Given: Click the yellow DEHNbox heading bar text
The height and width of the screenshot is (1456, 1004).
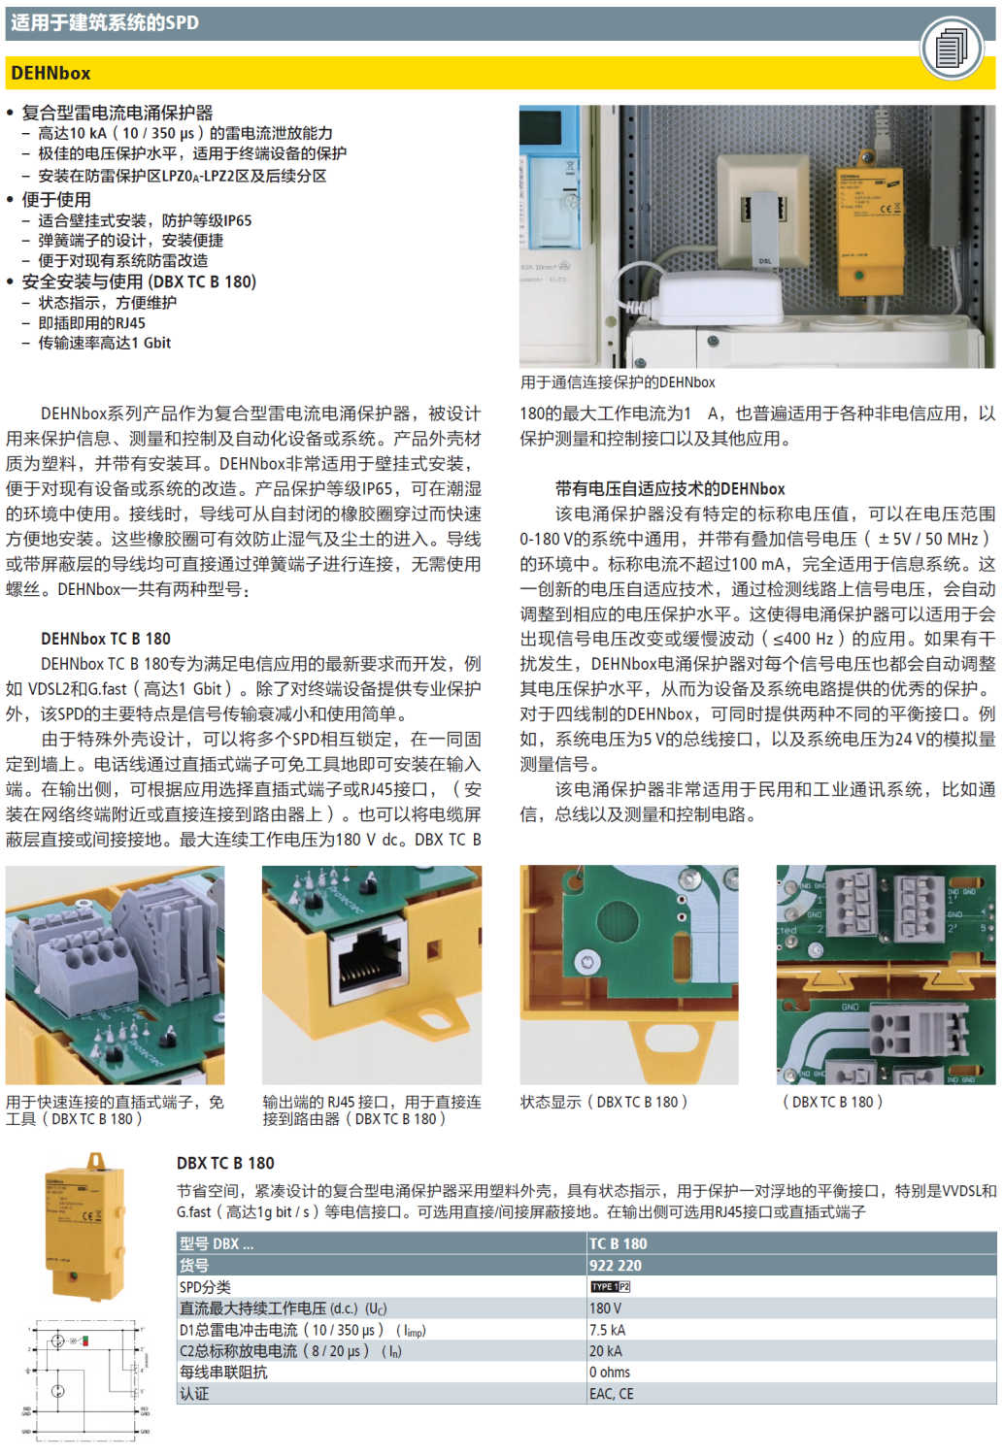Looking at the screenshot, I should pos(50,73).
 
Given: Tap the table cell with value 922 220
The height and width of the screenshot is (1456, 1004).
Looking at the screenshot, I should pos(616,1266).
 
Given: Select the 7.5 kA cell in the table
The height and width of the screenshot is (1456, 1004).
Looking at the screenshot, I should pos(608,1330).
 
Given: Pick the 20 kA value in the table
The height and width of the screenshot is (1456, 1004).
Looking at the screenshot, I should pos(605,1351).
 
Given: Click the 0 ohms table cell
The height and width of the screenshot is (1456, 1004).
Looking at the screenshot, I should pos(610,1373).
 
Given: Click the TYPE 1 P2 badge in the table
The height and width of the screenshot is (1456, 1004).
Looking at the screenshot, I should pos(611,1287).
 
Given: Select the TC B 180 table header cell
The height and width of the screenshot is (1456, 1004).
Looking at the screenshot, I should pos(618,1243).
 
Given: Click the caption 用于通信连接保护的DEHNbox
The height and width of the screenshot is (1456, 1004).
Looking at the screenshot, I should pos(618,382).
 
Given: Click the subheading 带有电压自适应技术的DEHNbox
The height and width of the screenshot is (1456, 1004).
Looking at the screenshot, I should pos(670,488).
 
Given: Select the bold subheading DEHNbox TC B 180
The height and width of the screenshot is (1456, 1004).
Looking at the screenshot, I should pos(106,639).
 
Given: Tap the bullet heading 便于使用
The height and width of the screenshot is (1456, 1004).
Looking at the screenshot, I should pos(56,199).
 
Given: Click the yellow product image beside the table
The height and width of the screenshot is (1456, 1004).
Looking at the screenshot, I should pos(87,1227).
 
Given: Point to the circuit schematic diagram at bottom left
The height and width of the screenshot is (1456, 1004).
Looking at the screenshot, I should pos(86,1377).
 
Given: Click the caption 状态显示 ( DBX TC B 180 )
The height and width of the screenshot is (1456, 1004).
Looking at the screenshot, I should pos(603,1102).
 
